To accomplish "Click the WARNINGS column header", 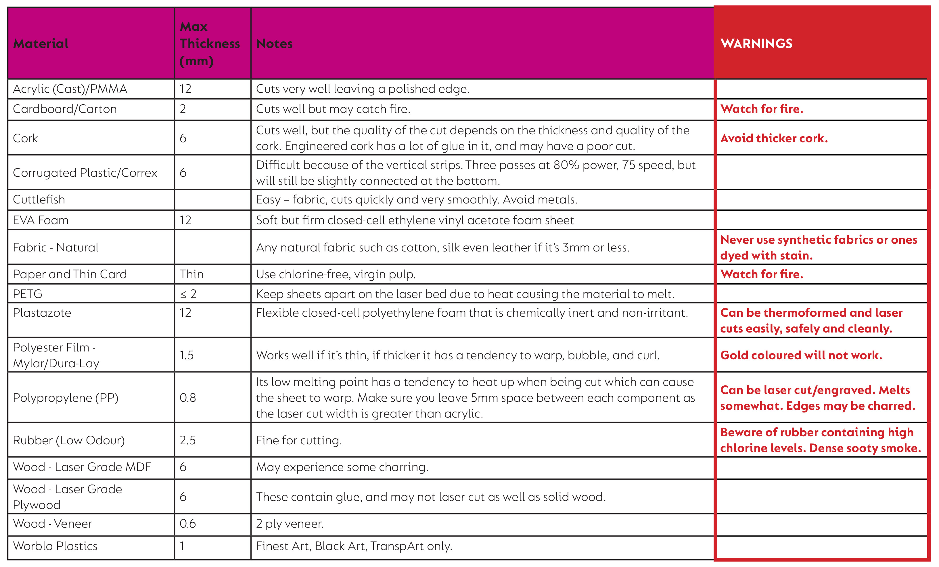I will coord(756,44).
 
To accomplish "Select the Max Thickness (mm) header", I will coord(209,44).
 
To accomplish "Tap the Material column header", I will coord(41,44).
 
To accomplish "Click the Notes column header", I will coord(274,44).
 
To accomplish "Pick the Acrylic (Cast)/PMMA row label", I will coord(70,89).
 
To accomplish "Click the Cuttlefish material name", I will coord(39,199).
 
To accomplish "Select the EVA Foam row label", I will coord(41,220).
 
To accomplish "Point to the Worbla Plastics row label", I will coord(55,546).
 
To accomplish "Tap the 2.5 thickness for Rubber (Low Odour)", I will coord(187,440).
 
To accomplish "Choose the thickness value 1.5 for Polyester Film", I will coord(186,355).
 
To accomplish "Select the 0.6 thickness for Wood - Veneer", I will coord(187,524).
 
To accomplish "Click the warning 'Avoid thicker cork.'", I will coord(774,138).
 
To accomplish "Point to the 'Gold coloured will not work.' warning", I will coord(801,355).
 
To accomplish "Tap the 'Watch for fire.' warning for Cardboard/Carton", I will coord(761,109).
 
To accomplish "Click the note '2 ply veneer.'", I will coord(290,524).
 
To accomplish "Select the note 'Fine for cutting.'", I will coord(299,441).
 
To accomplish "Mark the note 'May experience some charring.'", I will coord(342,467).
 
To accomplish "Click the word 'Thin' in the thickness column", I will coord(191,274).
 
